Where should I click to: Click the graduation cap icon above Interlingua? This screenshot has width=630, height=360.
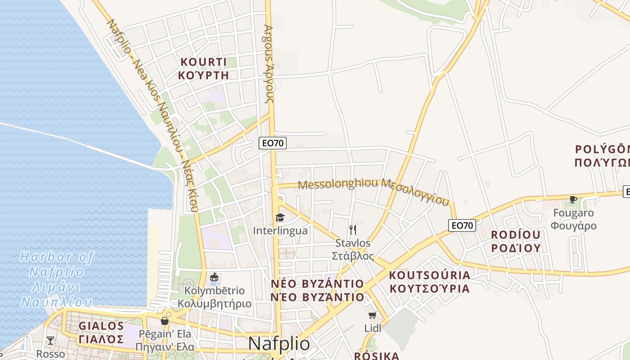coord(280,218)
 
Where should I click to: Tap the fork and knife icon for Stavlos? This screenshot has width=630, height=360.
coord(353,230)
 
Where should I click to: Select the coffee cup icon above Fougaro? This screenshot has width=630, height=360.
coord(573,199)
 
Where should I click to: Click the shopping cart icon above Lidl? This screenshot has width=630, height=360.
coord(372,315)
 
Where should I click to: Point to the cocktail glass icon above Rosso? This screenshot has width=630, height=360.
coord(50,341)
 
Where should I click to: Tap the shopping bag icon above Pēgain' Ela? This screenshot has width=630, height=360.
coord(165,321)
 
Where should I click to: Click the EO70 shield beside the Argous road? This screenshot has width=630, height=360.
coord(273,143)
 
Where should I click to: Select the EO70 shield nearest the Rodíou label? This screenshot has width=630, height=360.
coord(462,225)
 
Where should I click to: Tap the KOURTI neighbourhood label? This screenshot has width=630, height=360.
coord(203,68)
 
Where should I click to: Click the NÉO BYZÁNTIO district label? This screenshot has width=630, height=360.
coord(317,290)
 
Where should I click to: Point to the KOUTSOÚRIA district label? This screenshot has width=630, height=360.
coord(429,282)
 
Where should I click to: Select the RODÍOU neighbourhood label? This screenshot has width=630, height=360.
coord(515,241)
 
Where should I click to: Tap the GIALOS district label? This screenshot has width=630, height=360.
coord(101,332)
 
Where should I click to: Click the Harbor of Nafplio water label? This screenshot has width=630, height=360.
coord(57,279)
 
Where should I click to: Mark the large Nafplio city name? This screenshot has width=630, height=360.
coord(279,344)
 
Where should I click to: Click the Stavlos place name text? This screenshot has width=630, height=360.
coord(353,249)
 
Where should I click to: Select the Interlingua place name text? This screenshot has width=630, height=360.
coord(280,231)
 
